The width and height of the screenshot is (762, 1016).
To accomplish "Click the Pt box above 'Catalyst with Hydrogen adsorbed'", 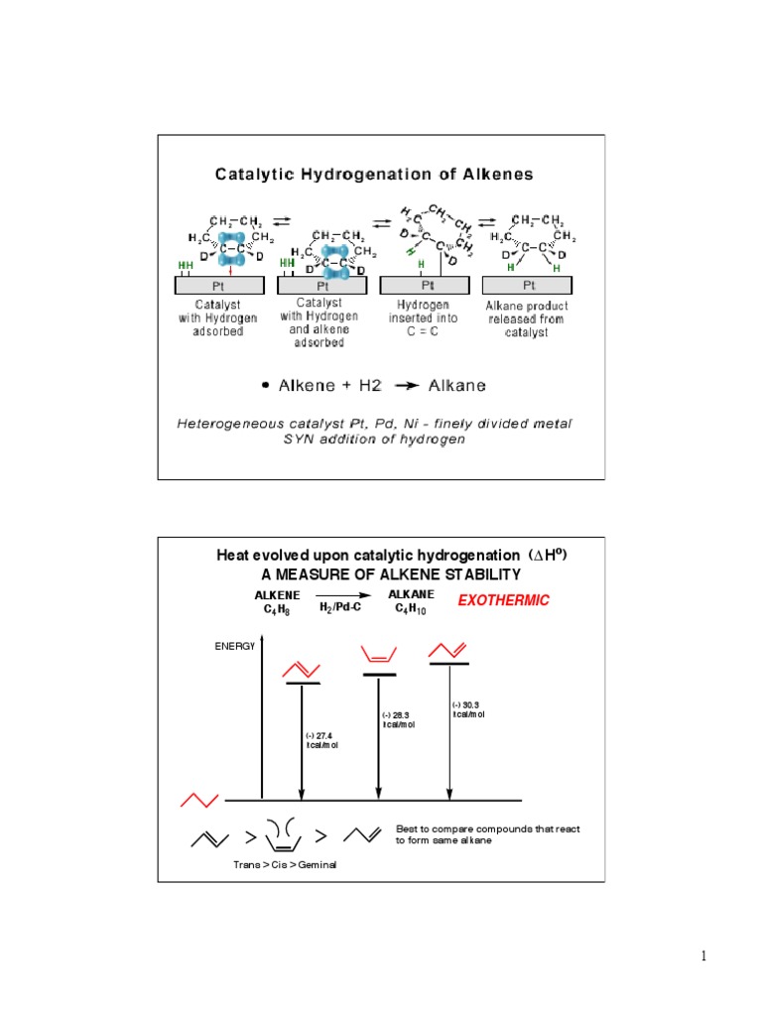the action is (219, 286).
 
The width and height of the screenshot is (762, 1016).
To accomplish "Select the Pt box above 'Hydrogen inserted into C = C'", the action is (423, 286).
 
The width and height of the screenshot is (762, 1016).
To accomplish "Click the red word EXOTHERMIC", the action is (502, 600).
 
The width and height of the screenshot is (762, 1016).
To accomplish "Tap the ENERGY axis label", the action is (235, 646).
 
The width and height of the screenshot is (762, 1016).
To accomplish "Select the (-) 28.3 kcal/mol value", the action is (398, 719).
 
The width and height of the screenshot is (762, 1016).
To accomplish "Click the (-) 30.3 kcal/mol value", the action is (468, 707).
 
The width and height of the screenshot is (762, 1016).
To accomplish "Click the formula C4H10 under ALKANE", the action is (418, 607).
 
